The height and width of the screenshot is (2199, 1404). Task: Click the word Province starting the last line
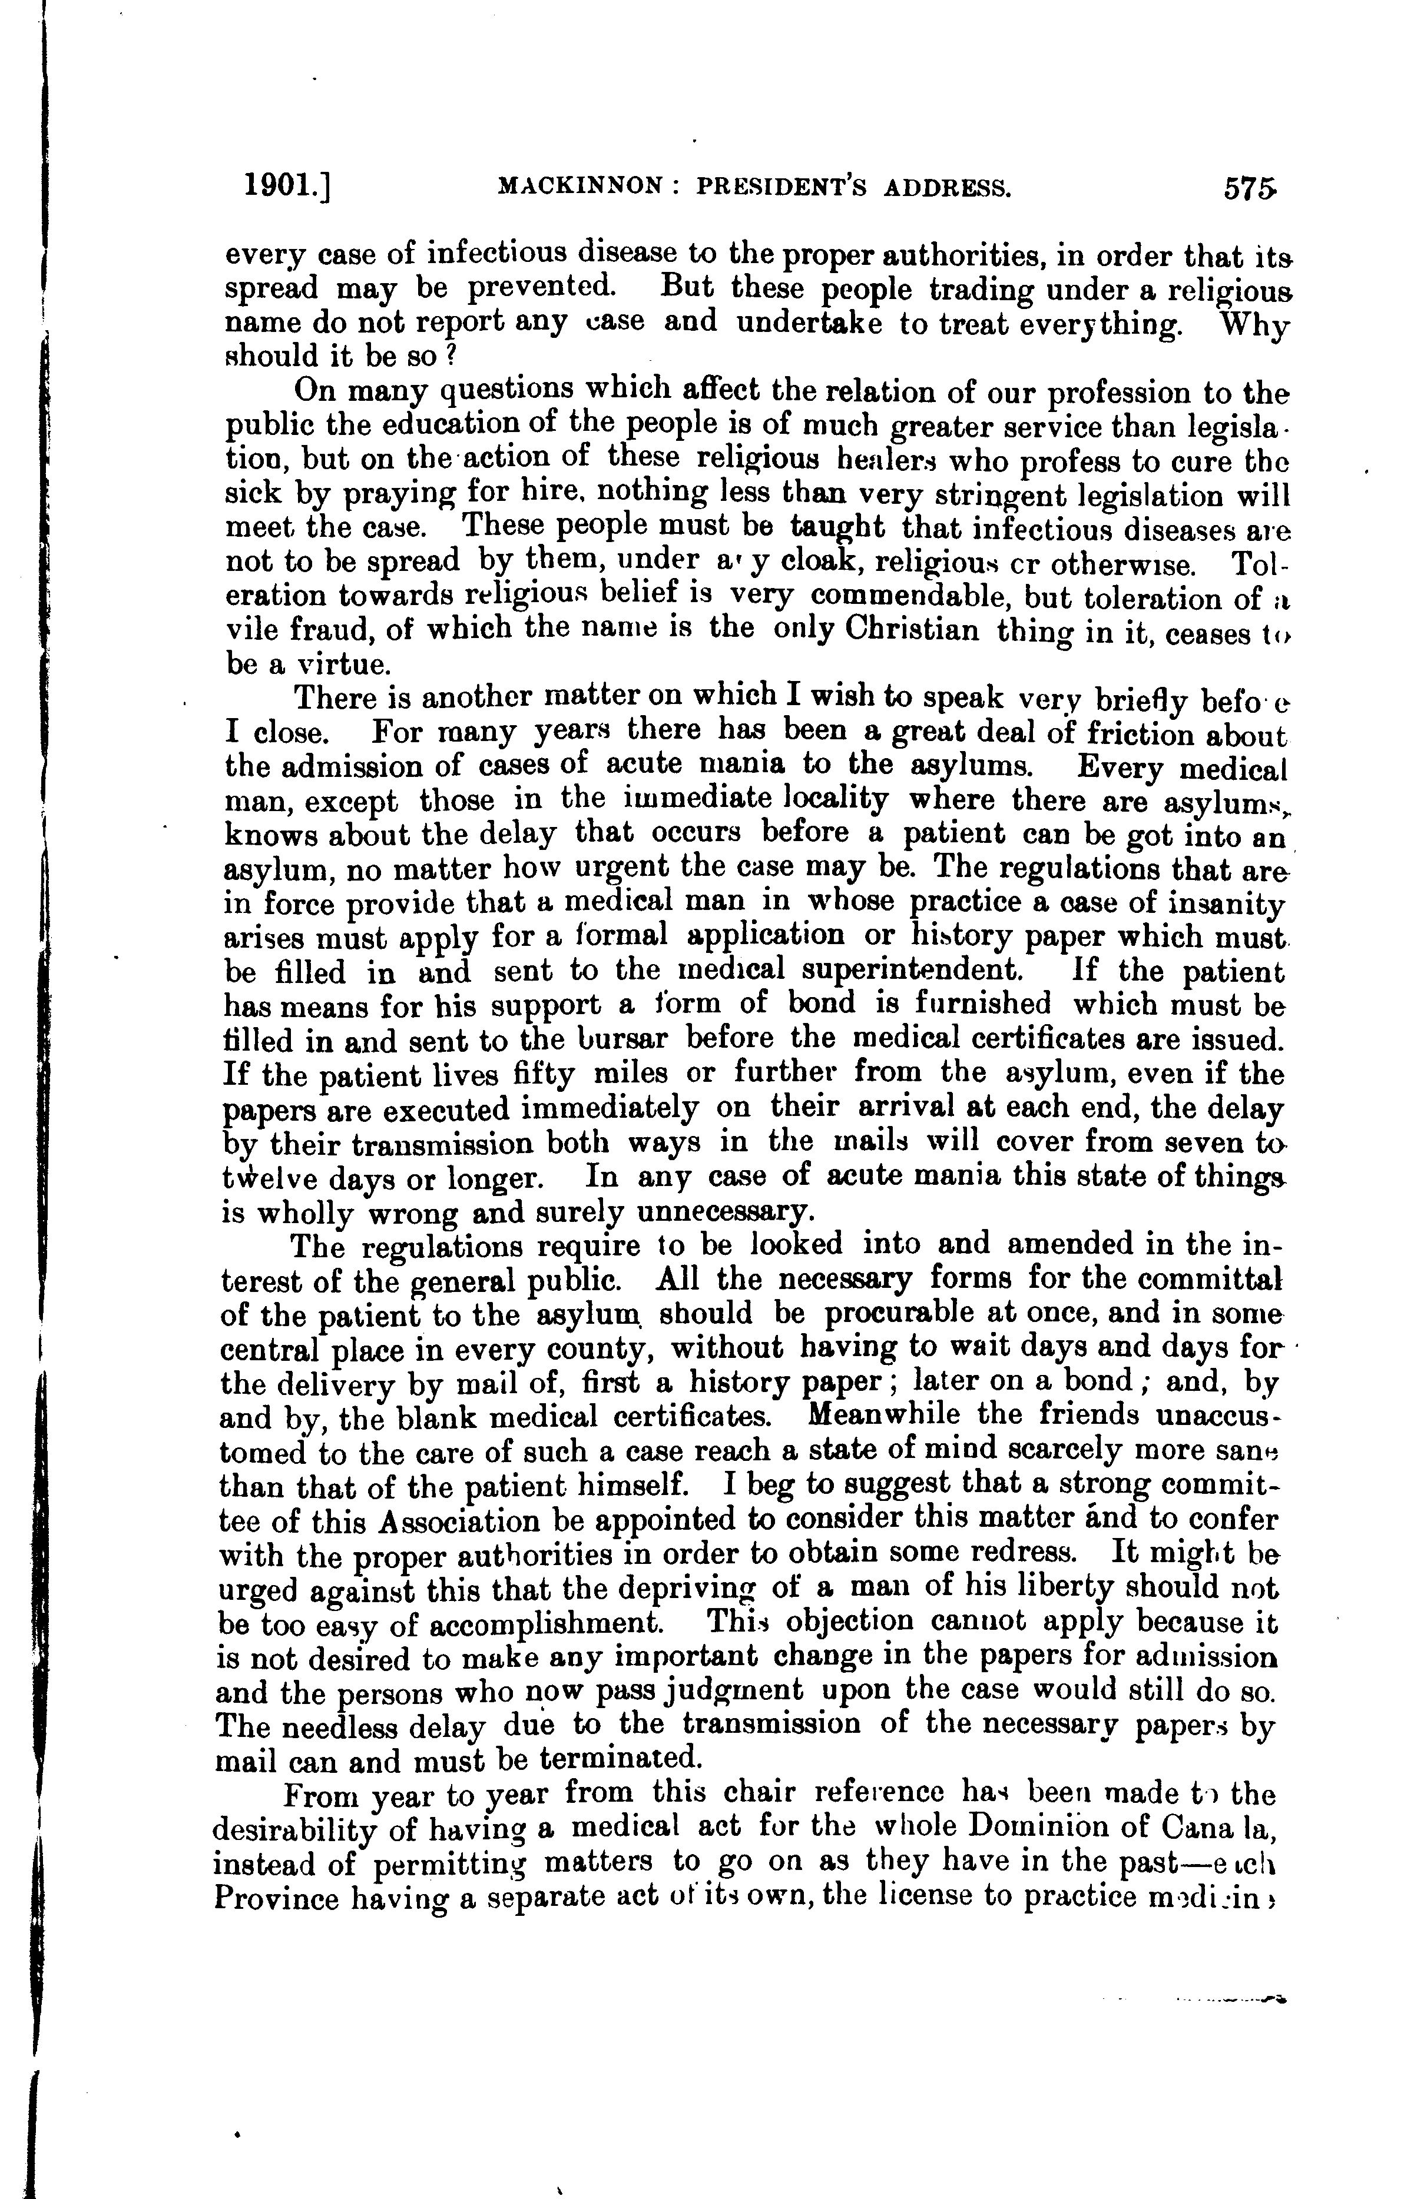[x=275, y=1896]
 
